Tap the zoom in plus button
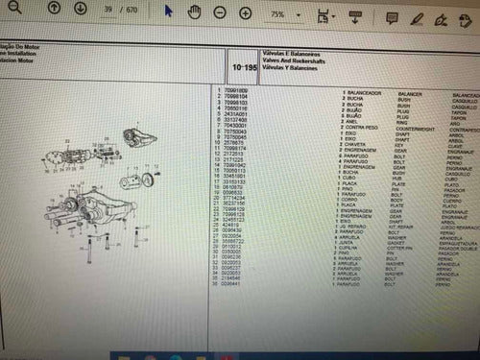[x=245, y=14]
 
